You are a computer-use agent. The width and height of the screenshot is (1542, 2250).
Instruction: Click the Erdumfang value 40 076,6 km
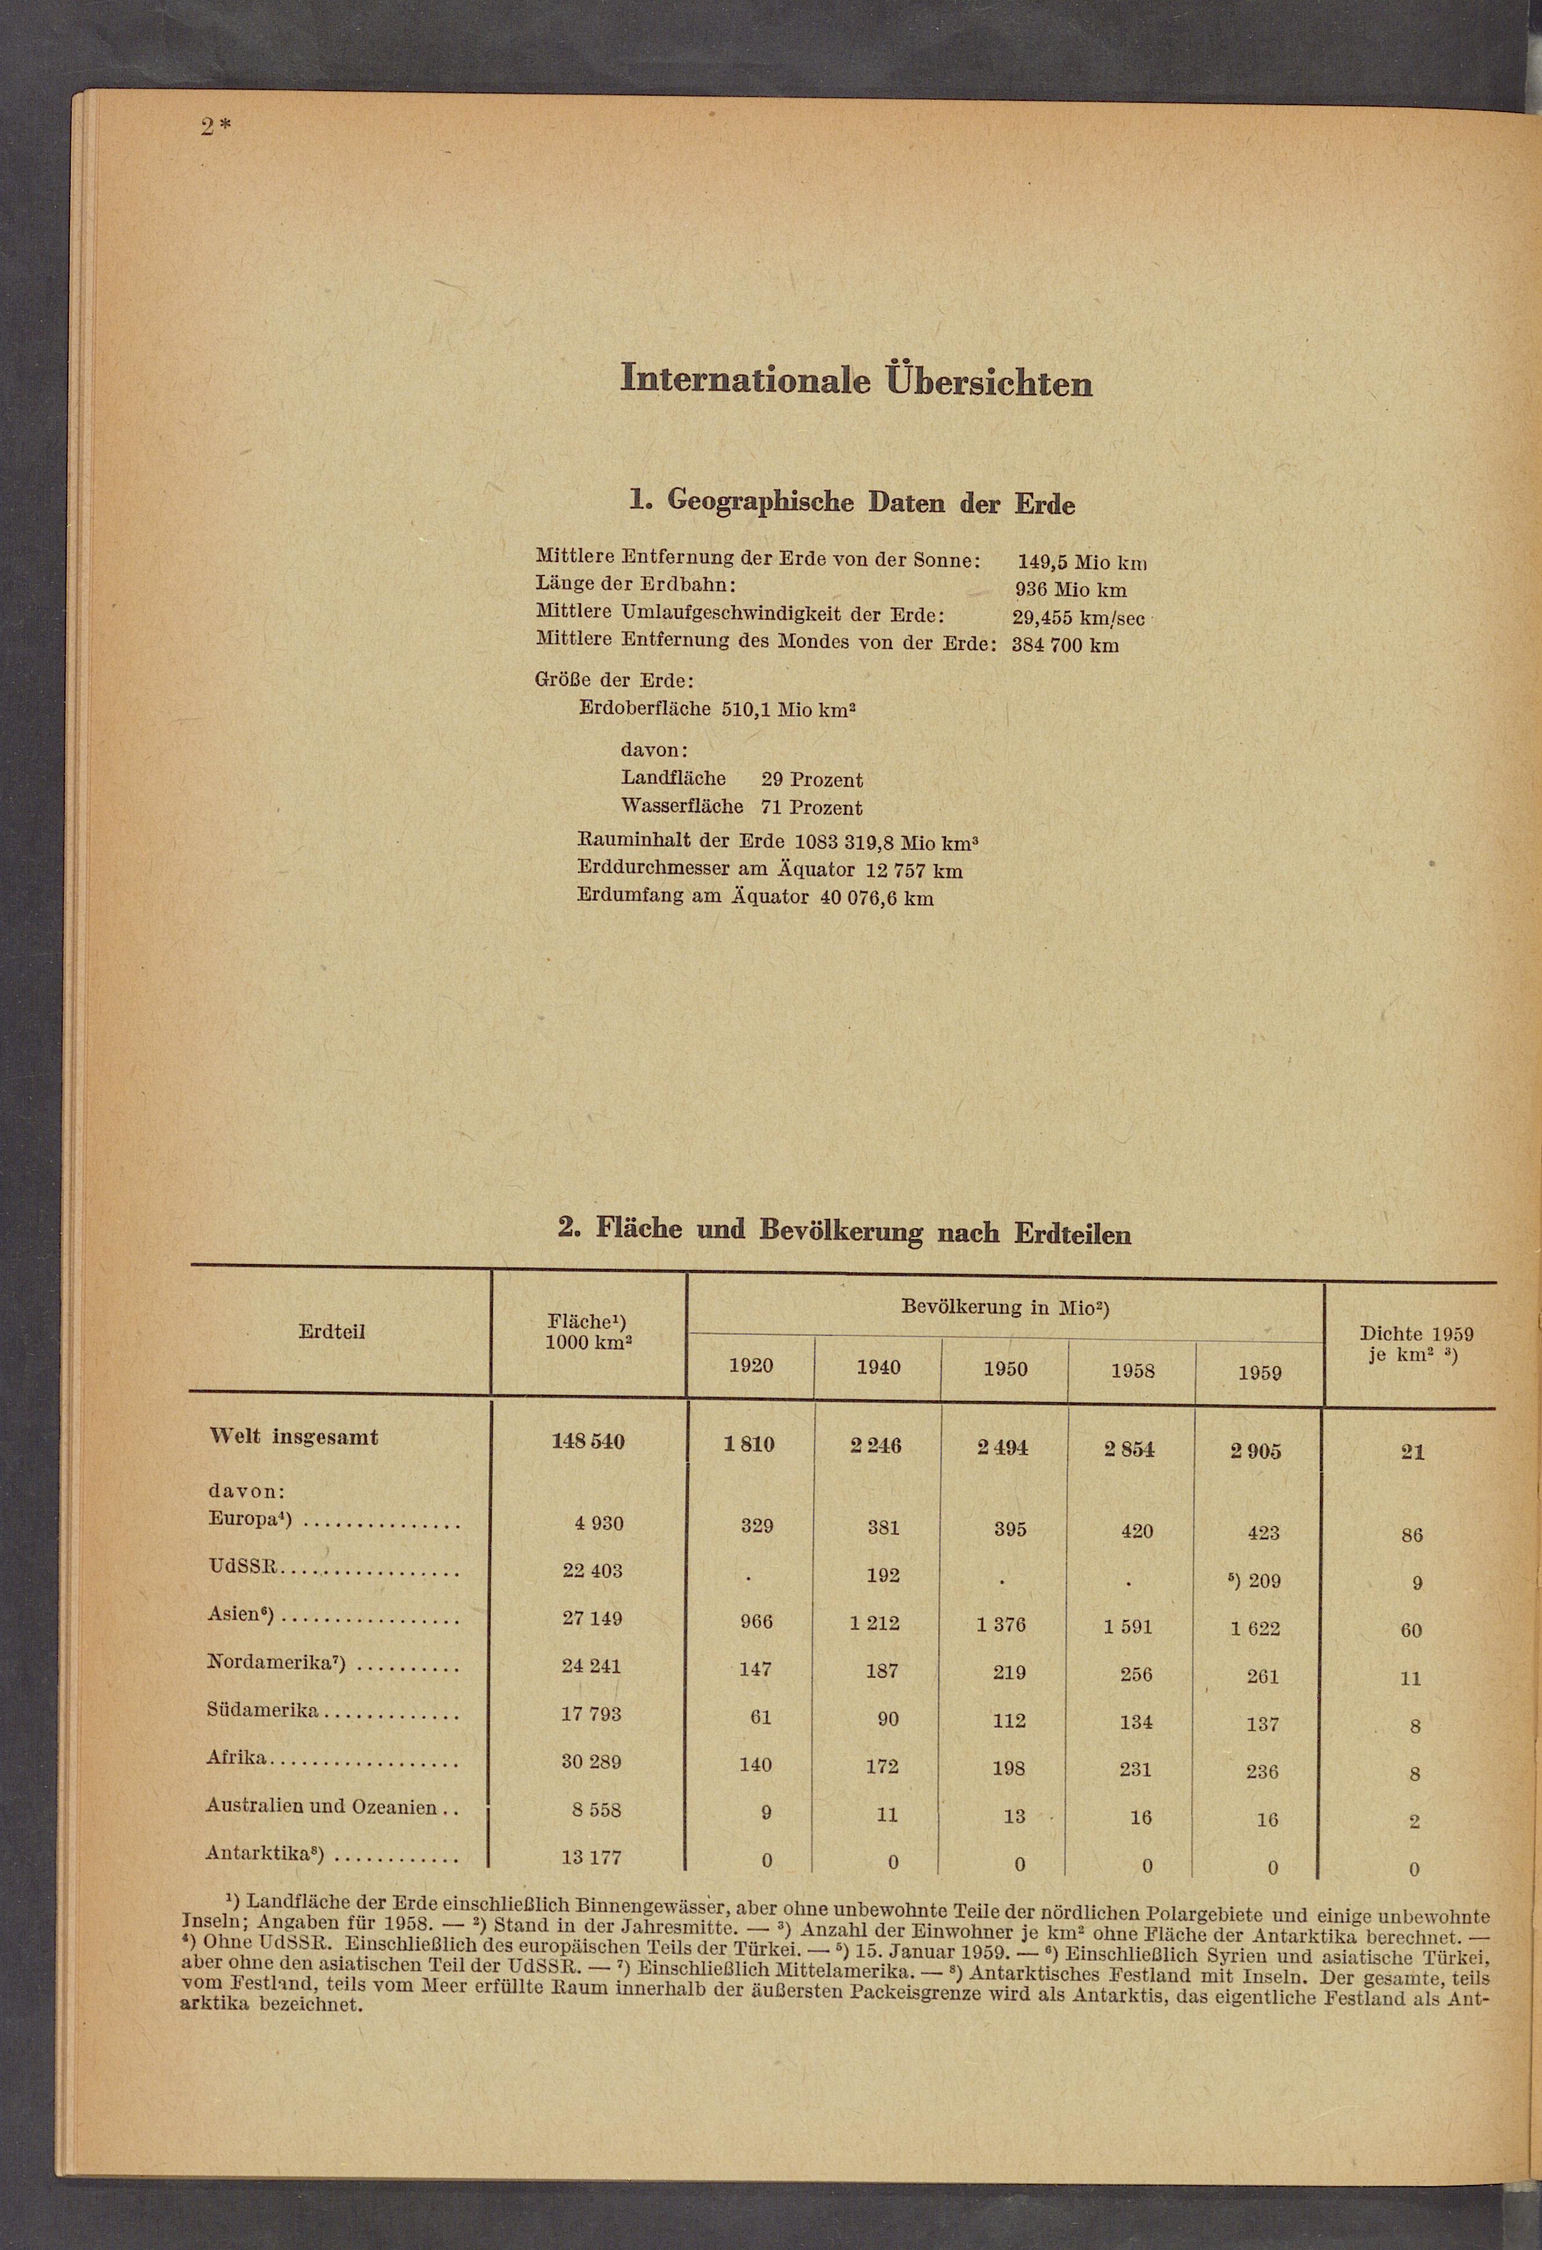tap(876, 898)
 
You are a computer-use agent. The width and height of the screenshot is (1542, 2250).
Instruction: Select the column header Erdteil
tap(332, 1331)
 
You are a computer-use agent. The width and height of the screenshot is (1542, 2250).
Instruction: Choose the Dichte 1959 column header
tap(1416, 1344)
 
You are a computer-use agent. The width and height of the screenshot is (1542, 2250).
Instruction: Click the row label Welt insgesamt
tap(293, 1437)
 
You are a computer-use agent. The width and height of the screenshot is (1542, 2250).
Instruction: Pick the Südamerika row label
tap(263, 1710)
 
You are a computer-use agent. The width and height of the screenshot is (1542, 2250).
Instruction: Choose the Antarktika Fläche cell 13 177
tap(591, 1857)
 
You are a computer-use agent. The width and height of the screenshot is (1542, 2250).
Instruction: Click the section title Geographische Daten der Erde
tap(852, 502)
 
